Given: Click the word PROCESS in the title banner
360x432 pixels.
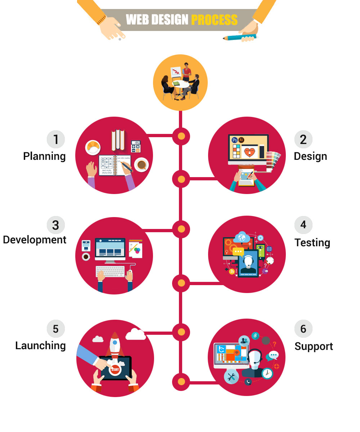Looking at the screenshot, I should point(214,19).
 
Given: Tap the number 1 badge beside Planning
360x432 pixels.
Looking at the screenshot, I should point(56,139).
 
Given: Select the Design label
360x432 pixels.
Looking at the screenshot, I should point(310,156).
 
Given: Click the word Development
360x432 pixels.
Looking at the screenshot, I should point(35,240).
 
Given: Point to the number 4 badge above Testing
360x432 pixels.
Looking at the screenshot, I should point(303,225).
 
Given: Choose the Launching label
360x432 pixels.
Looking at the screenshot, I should point(40,346).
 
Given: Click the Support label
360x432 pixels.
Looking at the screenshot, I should point(314,346).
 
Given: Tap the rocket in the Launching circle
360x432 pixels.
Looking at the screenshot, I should point(114,345).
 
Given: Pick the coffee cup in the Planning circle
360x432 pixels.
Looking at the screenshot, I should point(141,165).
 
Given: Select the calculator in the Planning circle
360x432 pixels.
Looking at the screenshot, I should point(135,147).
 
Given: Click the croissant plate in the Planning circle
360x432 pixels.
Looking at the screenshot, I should point(93,147).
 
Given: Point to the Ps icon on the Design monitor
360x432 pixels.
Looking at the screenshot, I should point(235,140).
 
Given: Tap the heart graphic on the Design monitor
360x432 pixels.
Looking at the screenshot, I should point(249,152).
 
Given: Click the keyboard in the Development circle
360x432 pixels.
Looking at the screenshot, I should point(110,271).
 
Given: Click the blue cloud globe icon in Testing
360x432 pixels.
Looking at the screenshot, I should point(242,238).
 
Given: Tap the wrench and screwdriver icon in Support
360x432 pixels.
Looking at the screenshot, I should point(231,377).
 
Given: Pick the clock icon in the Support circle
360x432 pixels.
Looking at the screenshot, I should point(267,373).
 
